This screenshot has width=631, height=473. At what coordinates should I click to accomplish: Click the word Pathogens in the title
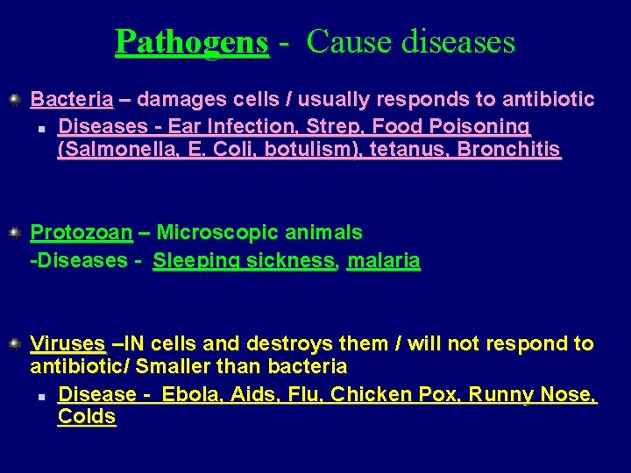[192, 41]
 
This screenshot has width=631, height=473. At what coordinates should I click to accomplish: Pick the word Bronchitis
[509, 151]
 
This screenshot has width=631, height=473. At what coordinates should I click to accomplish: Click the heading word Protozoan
[82, 233]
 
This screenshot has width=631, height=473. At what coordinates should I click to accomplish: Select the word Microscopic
[213, 233]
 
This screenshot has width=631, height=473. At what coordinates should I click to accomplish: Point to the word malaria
[384, 261]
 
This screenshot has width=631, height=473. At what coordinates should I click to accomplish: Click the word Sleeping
[195, 261]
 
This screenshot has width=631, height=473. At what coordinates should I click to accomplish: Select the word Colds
[87, 417]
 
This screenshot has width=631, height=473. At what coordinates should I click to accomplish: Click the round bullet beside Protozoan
[15, 233]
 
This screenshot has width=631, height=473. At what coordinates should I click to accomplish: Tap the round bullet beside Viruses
[15, 343]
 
